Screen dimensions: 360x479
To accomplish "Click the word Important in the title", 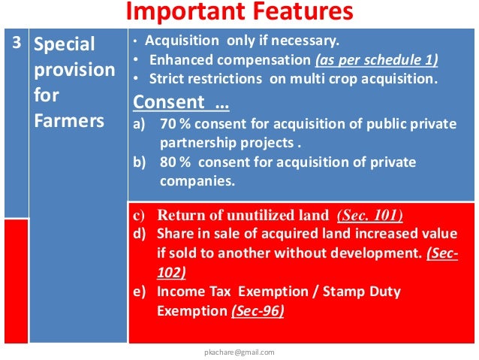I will [176, 12].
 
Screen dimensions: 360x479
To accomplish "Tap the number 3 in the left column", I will [16, 43].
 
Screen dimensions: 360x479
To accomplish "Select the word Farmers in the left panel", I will [68, 121].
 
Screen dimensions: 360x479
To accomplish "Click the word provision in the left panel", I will [74, 70].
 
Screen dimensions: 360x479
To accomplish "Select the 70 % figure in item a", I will [173, 124].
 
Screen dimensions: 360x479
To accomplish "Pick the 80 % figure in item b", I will [173, 162].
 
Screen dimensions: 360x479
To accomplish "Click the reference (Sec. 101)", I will [370, 216].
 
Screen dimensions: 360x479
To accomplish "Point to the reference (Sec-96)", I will [258, 310].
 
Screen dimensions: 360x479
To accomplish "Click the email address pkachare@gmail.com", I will [239, 351].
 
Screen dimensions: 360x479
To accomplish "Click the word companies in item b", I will [197, 181].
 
